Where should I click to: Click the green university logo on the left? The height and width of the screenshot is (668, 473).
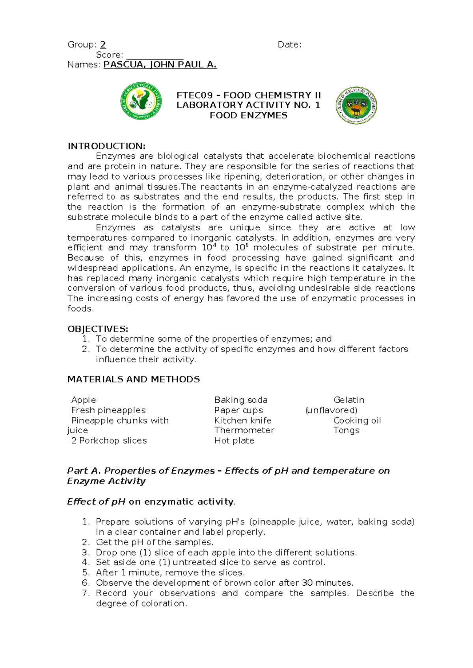141,101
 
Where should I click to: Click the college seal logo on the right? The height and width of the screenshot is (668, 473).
356,105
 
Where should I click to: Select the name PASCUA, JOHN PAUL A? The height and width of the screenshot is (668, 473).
160,65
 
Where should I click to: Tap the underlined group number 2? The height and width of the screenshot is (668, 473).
103,45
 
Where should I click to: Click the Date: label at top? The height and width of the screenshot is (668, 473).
290,45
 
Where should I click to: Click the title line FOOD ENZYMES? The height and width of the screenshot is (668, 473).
248,115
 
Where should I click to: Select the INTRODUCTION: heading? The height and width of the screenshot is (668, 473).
106,146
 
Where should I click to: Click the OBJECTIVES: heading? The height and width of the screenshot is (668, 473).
98,329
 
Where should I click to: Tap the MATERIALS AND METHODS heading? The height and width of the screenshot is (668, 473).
134,379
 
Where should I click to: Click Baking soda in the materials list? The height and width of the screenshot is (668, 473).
241,400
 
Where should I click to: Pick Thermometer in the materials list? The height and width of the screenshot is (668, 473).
244,430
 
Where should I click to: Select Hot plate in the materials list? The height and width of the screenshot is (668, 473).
234,440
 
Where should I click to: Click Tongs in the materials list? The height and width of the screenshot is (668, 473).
346,430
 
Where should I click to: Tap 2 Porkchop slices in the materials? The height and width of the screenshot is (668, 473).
109,440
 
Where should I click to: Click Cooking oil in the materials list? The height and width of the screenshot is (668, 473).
357,420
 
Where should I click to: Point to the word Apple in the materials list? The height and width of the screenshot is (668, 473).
84,400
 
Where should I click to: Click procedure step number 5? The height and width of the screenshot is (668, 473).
86,572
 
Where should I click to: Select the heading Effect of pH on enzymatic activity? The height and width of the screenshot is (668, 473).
151,501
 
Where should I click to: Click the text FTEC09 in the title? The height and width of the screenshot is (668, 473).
194,95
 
